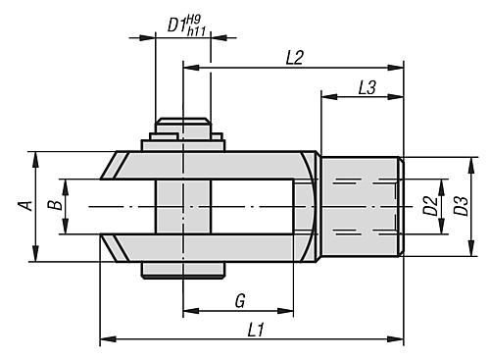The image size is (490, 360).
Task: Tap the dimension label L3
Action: (366, 86)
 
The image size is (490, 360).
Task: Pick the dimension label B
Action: (55, 207)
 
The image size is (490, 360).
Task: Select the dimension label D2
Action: (428, 206)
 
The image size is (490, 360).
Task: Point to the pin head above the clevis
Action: (182, 128)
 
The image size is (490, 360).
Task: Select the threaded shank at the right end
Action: (361, 206)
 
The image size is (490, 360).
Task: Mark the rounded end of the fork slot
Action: (305, 206)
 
